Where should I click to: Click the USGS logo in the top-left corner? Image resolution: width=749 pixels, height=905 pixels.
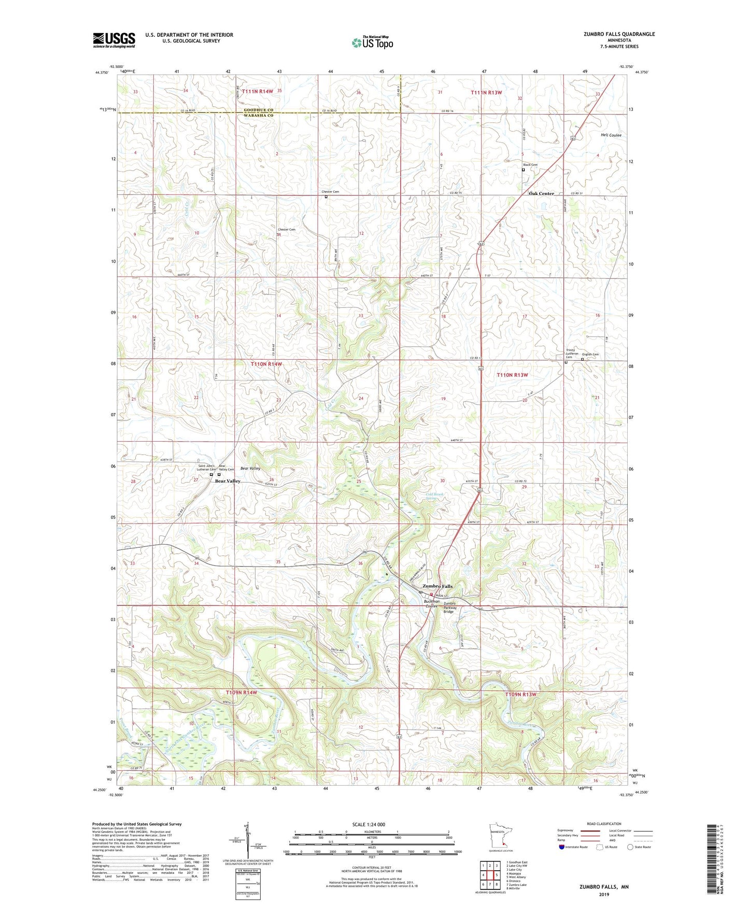click(x=114, y=39)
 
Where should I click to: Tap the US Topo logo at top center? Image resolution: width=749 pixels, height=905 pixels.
click(x=372, y=42)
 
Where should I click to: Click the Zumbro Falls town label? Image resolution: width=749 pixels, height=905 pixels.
click(x=437, y=586)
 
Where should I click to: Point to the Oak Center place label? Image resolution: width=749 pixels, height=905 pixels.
click(x=541, y=193)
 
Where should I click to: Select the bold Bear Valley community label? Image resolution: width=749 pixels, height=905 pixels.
click(x=228, y=481)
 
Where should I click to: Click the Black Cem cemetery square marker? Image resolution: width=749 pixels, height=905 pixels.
click(x=523, y=169)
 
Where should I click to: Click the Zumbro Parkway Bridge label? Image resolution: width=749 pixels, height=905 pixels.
click(x=449, y=607)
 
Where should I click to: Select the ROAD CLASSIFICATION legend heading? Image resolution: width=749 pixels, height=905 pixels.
click(x=604, y=824)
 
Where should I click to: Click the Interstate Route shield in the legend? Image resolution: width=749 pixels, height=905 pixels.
click(x=562, y=847)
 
